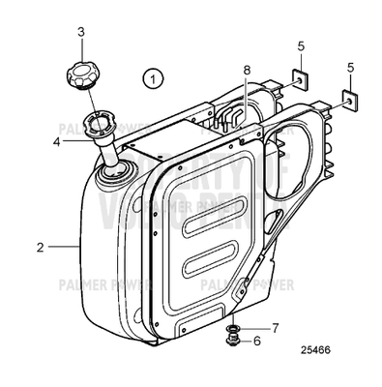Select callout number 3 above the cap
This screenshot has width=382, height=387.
[x=81, y=32]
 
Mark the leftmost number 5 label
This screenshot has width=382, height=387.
[x=301, y=45]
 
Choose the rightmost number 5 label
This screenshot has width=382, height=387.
[x=351, y=67]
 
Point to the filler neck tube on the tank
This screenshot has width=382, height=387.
[x=109, y=151]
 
